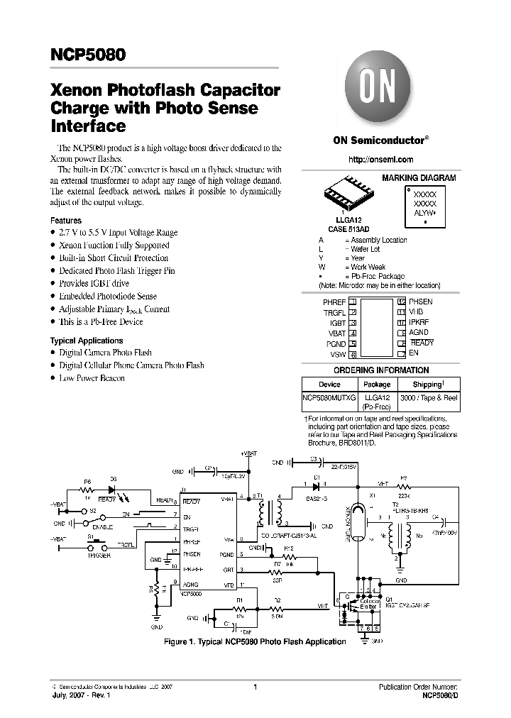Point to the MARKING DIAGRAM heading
coord(419,178)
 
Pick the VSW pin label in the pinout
coord(338,353)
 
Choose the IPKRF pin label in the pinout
coord(419,322)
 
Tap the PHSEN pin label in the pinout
coord(421,302)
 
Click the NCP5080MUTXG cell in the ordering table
coord(329,398)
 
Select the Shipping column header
coord(428,384)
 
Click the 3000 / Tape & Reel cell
coord(428,398)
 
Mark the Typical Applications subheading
coord(87,341)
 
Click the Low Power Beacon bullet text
coord(92,378)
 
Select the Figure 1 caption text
coord(255,641)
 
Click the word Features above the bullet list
coord(66,221)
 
